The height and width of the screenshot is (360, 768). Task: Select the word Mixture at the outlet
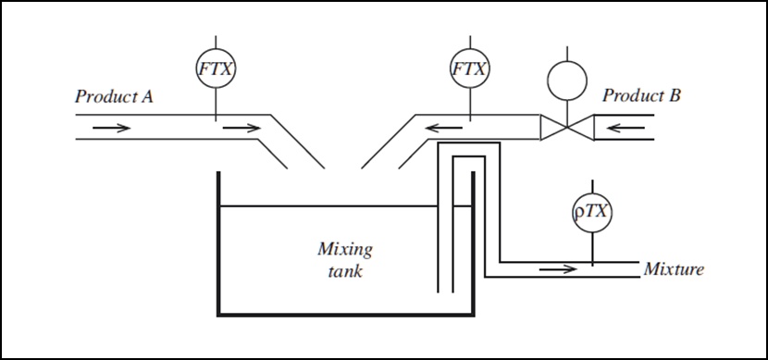[x=673, y=270]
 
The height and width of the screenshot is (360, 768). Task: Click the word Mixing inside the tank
[x=344, y=249]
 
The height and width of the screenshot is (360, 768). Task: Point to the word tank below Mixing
[x=344, y=272]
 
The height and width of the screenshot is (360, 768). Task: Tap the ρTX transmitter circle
[x=592, y=212]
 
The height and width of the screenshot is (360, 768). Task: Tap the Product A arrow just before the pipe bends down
[x=242, y=127]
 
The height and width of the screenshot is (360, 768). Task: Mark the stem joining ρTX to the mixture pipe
[x=592, y=246]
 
